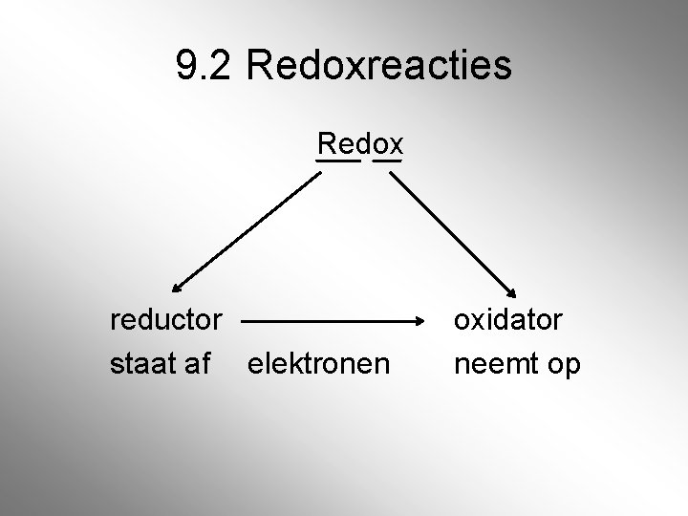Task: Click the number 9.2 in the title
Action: click(x=204, y=65)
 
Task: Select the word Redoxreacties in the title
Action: click(x=378, y=65)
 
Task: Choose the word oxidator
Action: click(x=508, y=319)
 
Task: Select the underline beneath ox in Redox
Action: click(x=388, y=161)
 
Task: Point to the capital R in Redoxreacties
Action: click(x=257, y=65)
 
